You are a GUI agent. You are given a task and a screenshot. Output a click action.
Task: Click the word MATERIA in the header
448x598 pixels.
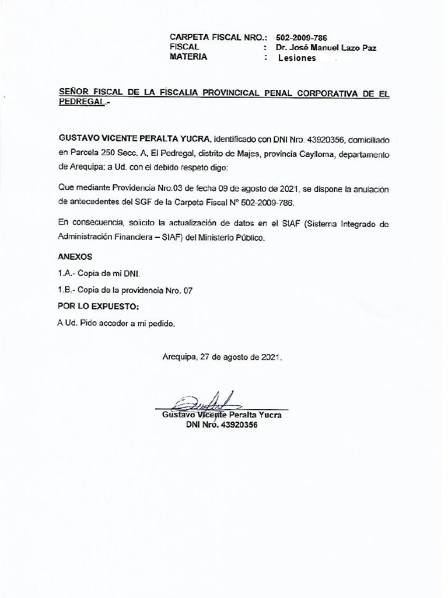(x=188, y=57)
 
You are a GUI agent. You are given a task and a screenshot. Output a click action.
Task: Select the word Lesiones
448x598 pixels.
(x=297, y=58)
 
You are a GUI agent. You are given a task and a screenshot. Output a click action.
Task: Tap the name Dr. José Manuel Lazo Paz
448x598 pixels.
(x=326, y=47)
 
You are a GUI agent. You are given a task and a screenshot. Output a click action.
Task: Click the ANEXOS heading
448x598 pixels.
(x=75, y=257)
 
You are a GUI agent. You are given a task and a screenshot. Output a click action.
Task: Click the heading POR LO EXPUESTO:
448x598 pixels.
(x=98, y=306)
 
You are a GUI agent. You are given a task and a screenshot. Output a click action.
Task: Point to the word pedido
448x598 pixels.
(x=162, y=323)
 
